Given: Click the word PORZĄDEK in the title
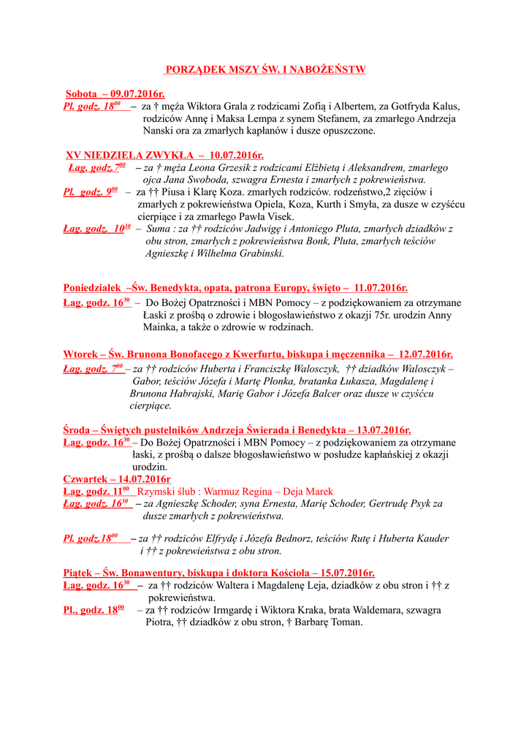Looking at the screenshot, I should click(x=191, y=69).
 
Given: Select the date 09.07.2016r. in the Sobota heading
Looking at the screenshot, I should click(x=138, y=94).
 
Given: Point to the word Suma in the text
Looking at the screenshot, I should click(x=160, y=229).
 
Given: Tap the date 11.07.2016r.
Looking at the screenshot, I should click(x=380, y=288).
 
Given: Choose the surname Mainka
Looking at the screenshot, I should click(x=161, y=327).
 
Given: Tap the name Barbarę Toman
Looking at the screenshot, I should click(x=329, y=622).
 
